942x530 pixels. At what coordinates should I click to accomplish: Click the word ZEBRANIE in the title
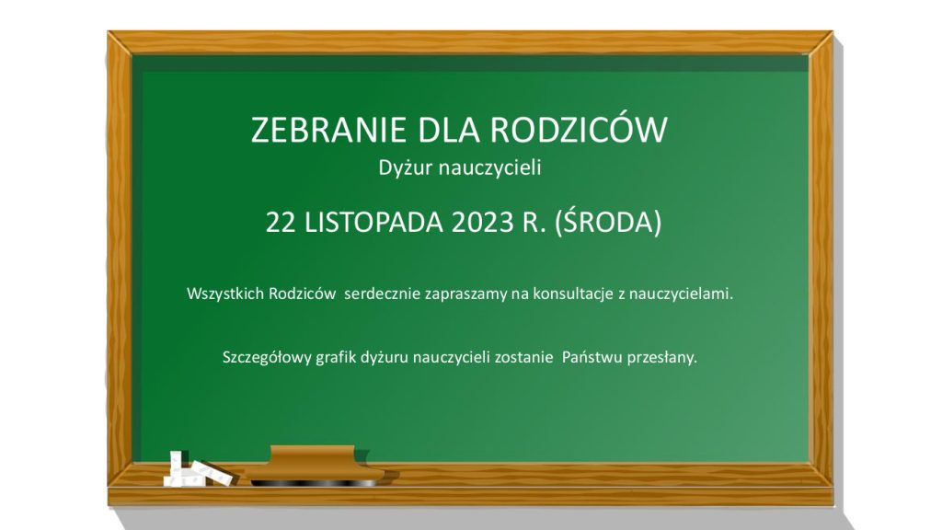pyautogui.click(x=328, y=129)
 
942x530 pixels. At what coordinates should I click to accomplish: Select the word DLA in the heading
pyautogui.click(x=448, y=129)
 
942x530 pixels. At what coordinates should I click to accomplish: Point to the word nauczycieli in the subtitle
pyautogui.click(x=489, y=167)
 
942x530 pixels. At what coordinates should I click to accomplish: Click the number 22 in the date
pyautogui.click(x=280, y=223)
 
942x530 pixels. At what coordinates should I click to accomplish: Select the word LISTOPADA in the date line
pyautogui.click(x=373, y=223)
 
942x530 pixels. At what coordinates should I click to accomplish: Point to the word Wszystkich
pyautogui.click(x=225, y=294)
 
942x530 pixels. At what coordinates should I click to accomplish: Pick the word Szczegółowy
pyautogui.click(x=267, y=358)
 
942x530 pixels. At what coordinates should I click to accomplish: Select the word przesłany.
pyautogui.click(x=662, y=358)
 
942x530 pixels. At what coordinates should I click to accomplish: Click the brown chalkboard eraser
pyautogui.click(x=314, y=466)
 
